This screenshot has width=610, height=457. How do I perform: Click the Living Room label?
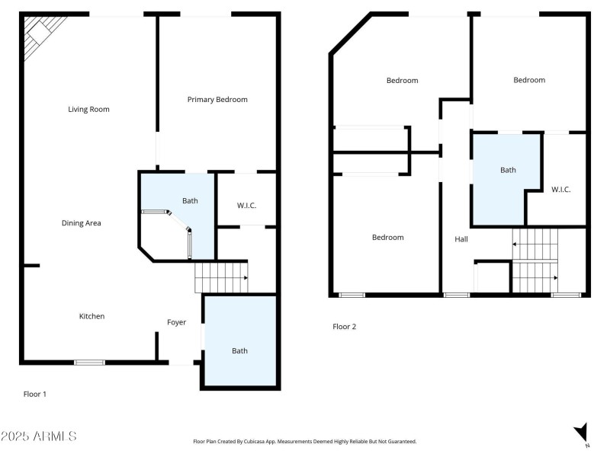point(88,109)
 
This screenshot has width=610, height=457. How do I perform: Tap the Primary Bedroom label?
point(217,100)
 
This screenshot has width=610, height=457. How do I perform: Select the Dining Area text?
point(82,223)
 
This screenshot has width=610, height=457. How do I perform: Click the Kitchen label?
point(92,316)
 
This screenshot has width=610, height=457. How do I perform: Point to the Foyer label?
point(176,322)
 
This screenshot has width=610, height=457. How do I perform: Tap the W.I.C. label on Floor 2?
point(560,190)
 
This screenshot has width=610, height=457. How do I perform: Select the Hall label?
point(461,239)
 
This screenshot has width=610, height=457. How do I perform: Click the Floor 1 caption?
point(35,394)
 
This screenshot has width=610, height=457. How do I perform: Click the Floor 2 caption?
point(344,327)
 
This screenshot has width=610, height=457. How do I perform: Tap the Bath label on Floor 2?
point(508,170)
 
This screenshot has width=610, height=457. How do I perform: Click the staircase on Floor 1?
point(221,277)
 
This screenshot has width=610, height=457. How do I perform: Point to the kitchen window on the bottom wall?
point(89,362)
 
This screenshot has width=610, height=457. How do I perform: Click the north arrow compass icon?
point(582,433)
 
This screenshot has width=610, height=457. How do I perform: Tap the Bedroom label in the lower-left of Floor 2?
point(387,238)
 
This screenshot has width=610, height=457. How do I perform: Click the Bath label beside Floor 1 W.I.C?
point(190,201)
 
